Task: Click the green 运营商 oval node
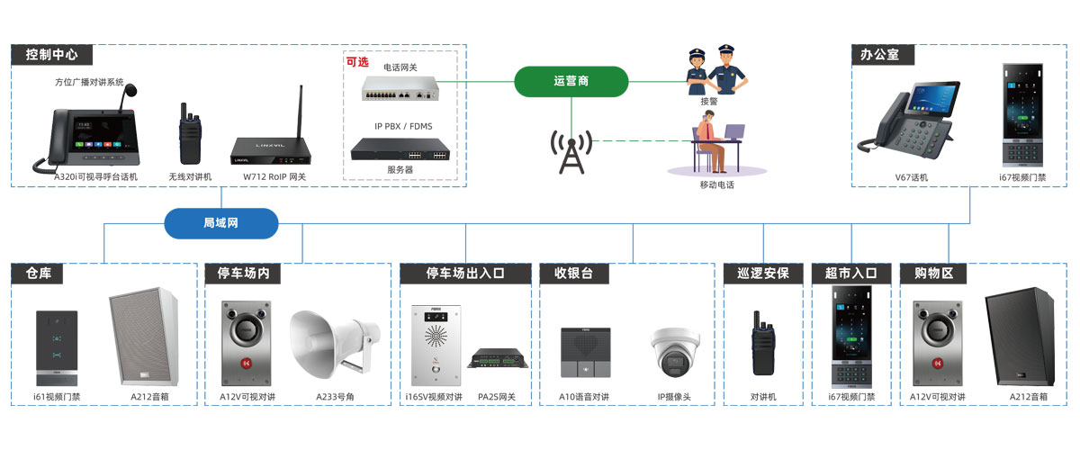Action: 571,81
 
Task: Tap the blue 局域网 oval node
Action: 220,222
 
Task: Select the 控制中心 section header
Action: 51,55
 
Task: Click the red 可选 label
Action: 357,62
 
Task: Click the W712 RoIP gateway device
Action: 273,135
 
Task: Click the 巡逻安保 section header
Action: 762,273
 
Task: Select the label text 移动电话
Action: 716,184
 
